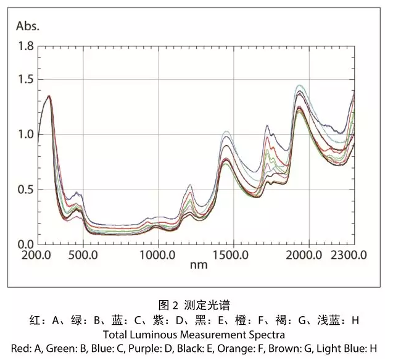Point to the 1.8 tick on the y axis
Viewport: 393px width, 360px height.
pyautogui.click(x=26, y=46)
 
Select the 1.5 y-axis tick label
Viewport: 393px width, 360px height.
pyautogui.click(x=26, y=80)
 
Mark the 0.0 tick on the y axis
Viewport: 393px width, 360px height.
pyautogui.click(x=26, y=244)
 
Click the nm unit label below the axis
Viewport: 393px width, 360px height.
pyautogui.click(x=198, y=266)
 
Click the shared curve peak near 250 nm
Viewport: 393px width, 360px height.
pyautogui.click(x=49, y=96)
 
